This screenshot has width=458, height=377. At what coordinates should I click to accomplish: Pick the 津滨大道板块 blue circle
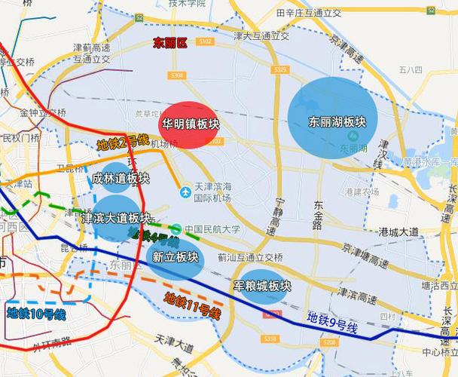116,218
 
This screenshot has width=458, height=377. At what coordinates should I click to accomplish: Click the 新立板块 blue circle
175,257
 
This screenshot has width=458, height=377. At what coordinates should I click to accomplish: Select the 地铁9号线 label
331,325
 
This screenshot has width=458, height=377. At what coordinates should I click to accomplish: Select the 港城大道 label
400,231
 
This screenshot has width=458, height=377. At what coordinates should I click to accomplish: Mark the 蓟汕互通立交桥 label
251,256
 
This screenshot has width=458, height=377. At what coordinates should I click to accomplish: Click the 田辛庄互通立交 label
308,13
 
